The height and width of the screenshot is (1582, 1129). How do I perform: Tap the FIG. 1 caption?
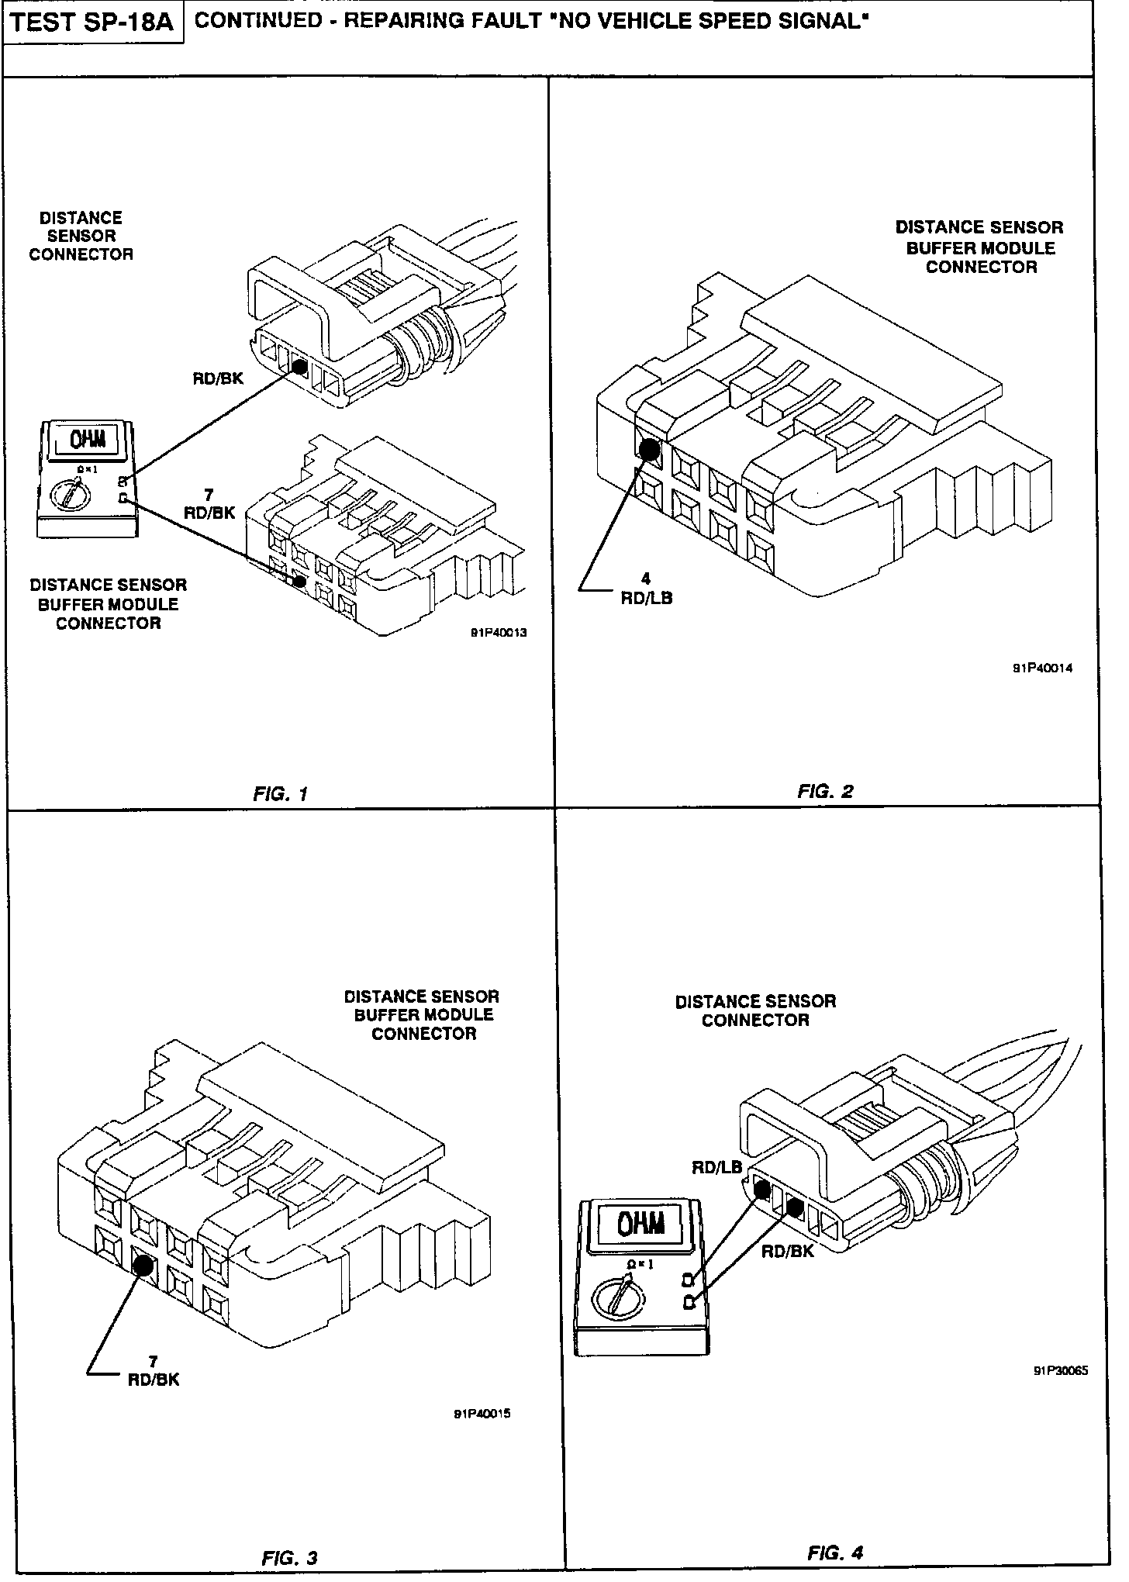point(281,793)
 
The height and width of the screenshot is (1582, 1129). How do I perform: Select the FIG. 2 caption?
point(825,791)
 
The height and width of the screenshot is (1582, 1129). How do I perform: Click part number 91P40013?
point(499,632)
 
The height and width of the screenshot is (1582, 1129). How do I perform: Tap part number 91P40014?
point(1043,668)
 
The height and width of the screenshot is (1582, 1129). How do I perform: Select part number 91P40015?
point(482,1413)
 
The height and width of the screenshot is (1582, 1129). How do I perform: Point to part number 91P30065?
point(1060,1370)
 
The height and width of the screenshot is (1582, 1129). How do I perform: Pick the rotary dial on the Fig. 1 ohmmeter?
point(67,493)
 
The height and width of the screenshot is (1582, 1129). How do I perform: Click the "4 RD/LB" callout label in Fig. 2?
point(646,589)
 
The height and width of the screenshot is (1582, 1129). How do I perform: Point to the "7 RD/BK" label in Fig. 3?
point(154,1370)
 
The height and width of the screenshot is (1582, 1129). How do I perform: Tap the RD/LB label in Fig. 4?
point(717,1167)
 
